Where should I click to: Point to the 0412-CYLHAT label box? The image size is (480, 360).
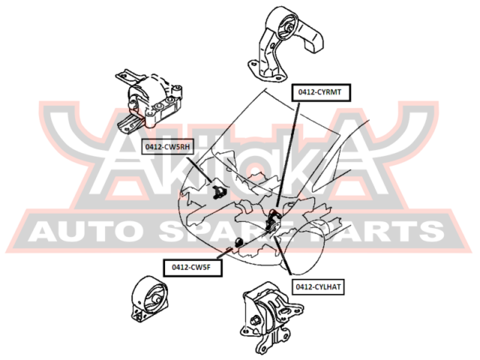pyautogui.click(x=318, y=286)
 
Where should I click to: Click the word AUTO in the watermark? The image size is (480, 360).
pyautogui.click(x=90, y=232)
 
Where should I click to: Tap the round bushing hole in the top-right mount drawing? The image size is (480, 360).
pyautogui.click(x=288, y=30)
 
